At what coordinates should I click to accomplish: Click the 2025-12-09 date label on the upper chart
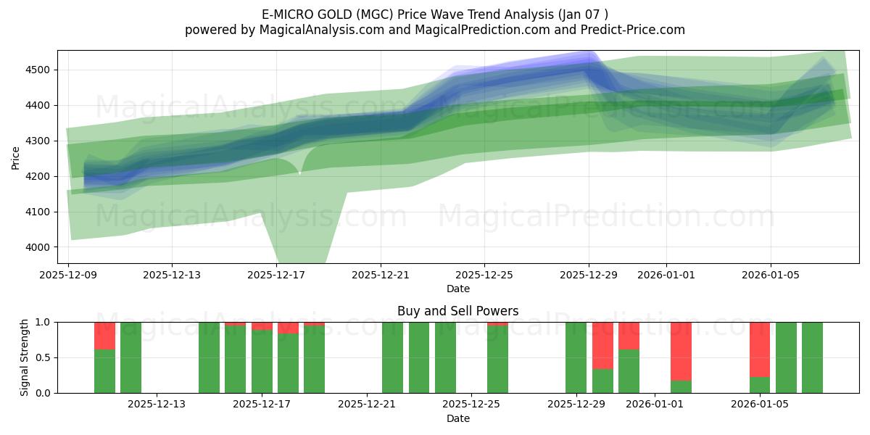point(68,275)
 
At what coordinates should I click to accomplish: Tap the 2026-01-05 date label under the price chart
point(771,275)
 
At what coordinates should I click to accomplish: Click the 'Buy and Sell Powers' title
point(457,311)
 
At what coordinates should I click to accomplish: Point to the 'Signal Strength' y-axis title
point(25,357)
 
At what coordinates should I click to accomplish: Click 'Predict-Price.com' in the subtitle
point(636,30)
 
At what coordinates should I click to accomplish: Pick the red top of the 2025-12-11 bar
point(104,336)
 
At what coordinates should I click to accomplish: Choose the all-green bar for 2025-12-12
point(130,357)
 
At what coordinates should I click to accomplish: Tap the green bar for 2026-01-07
point(812,357)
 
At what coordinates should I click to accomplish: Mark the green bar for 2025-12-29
point(576,357)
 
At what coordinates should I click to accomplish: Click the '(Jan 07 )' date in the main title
point(581,14)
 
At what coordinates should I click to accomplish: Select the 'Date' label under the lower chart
point(457,418)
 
